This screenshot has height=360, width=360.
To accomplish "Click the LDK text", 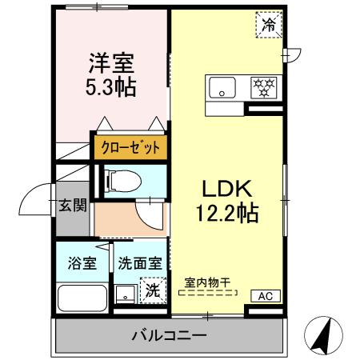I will coord(226,189).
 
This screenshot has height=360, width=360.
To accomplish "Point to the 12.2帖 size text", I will coord(226,213).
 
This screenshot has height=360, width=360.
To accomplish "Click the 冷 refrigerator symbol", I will coord(270,26).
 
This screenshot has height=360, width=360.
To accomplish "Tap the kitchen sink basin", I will coord(223,87).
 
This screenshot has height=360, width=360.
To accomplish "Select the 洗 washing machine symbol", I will coord(151,290).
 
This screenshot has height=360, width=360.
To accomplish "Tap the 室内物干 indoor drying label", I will coord(207,282).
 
